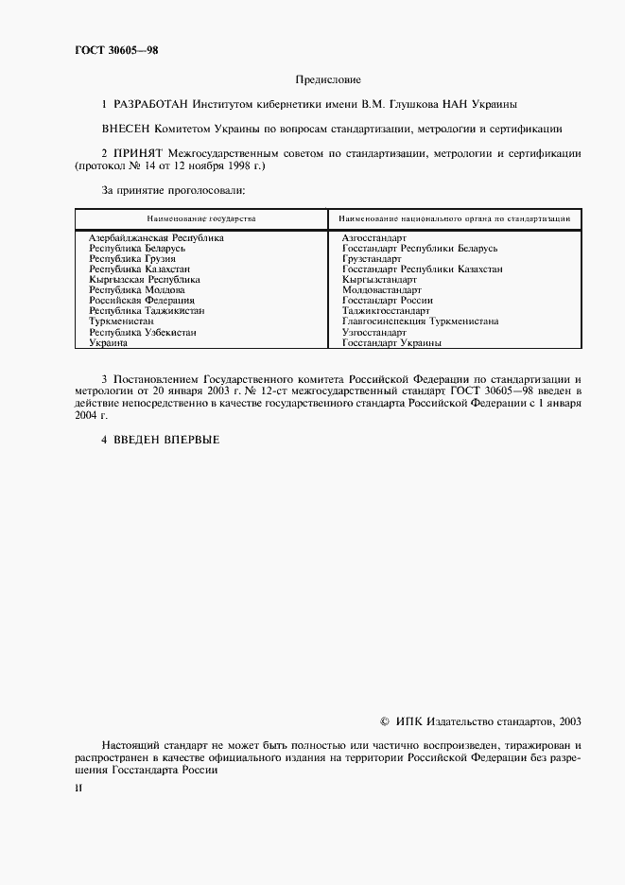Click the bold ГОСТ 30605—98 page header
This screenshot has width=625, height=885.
coord(117,50)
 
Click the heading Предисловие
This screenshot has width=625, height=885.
coord(328,80)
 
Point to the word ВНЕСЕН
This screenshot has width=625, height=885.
coord(130,128)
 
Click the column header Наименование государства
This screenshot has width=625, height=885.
coord(201,218)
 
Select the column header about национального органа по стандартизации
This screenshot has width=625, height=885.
coord(454,218)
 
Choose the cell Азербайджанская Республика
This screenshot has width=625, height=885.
coord(156,238)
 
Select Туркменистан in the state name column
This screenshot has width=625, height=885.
coord(121,321)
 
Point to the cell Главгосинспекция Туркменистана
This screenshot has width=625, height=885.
coord(420,321)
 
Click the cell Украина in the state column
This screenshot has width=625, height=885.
coord(108,343)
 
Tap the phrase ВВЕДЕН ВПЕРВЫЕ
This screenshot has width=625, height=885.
coord(166,440)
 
